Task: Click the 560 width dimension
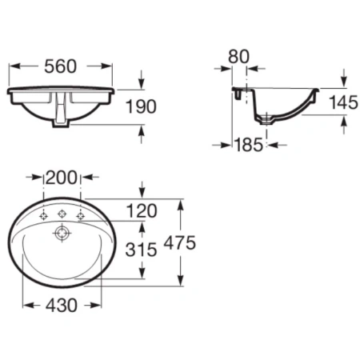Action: coord(60,66)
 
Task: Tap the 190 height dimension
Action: coord(141,106)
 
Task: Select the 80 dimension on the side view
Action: coord(238,56)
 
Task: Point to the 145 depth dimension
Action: coord(343,102)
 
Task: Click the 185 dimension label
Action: coord(249,145)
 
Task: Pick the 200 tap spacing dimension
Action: coord(62,178)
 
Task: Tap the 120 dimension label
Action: coord(142,210)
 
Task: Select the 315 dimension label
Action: coord(141,250)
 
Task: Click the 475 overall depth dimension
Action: coord(180,243)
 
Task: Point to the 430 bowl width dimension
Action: coord(62,306)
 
